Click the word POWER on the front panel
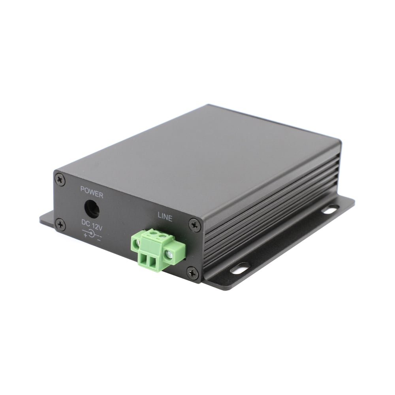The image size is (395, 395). pos(92,195)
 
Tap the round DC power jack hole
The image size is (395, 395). pos(92,209)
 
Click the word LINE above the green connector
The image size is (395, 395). pos(165,217)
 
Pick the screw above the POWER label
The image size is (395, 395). pos(60,180)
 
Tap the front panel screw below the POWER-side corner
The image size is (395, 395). pos(60,225)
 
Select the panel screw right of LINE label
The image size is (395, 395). pos(194,225)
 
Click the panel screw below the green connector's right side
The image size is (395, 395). pos(192,273)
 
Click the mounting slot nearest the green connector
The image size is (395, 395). pos(240,269)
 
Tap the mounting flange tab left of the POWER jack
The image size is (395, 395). pos(47,218)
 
